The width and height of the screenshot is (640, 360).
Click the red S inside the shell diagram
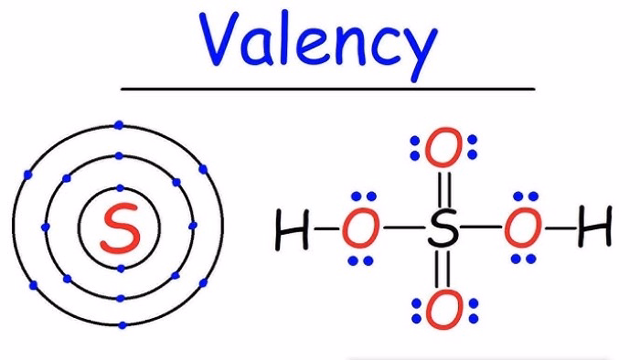point(120,228)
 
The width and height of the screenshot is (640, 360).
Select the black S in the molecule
point(443,230)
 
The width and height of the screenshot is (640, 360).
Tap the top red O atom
point(443,150)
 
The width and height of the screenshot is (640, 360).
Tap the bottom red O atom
point(443,312)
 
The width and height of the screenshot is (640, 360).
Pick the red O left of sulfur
point(361,230)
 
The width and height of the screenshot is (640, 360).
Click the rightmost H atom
point(593,230)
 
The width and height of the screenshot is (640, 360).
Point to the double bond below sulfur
point(443,271)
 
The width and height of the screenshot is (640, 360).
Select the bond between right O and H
point(559,230)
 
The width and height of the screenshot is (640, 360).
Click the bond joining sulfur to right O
point(483,230)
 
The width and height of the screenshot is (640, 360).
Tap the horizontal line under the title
point(327,89)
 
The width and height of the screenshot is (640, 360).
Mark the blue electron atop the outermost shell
point(120,124)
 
